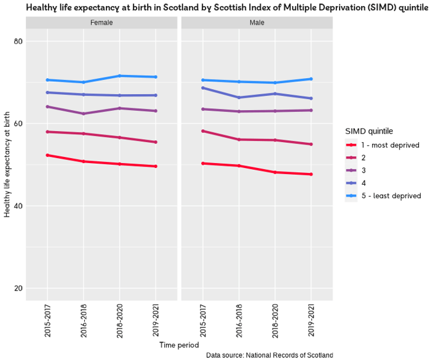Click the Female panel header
[102, 23]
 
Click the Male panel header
[257, 23]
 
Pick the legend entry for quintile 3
[363, 170]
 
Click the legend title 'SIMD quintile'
[369, 131]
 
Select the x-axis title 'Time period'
[179, 345]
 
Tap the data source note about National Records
[269, 356]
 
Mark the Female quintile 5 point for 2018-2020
[119, 76]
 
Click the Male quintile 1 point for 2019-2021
[311, 174]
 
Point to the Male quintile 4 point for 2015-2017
[203, 87]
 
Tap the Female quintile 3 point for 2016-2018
[84, 114]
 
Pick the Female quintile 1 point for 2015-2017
[47, 155]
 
